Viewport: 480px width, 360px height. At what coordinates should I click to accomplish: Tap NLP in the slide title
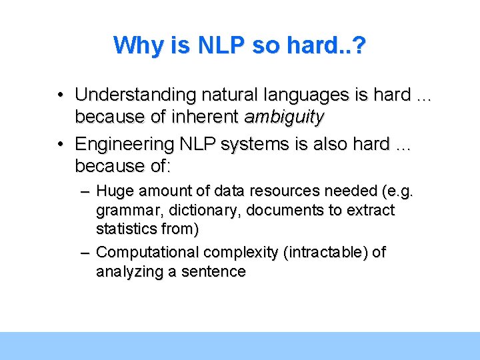(214, 45)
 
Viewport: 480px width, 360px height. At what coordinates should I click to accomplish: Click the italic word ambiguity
(284, 117)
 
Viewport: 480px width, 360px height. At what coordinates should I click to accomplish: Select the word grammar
(122, 211)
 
